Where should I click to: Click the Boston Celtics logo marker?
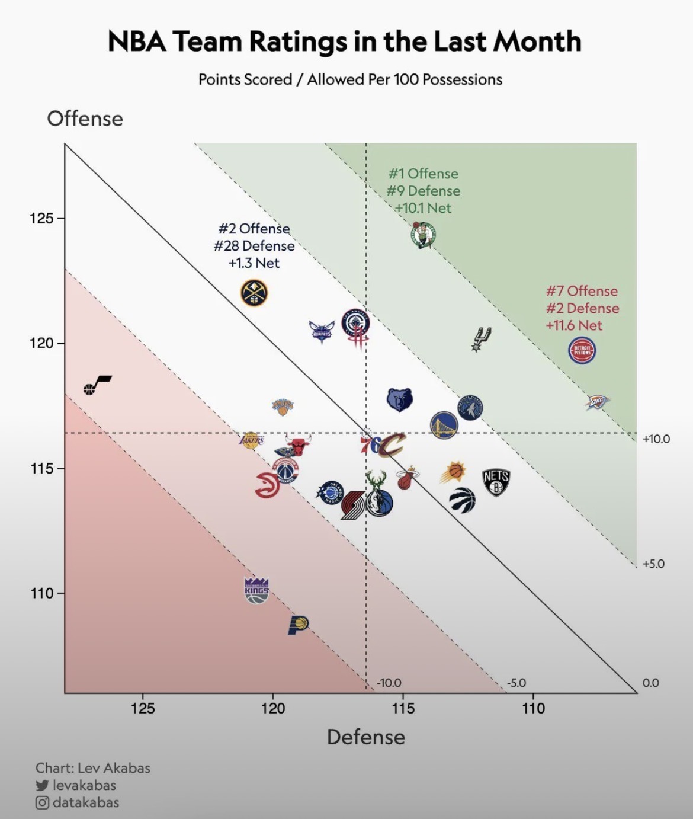pos(423,235)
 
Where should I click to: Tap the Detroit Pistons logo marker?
pos(582,350)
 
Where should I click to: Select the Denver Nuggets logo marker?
pos(254,293)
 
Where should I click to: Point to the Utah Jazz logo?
pos(97,385)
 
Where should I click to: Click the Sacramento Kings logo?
pos(256,590)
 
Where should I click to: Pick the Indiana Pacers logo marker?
pos(298,625)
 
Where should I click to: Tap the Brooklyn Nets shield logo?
pos(496,482)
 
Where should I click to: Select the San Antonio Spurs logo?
pos(480,339)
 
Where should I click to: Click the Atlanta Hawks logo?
pos(267,485)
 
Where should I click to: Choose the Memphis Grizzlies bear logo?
pos(400,400)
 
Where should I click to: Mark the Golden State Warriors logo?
pos(444,425)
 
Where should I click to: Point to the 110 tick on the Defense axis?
pos(533,708)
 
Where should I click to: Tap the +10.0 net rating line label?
pos(656,439)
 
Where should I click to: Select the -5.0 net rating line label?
pos(516,683)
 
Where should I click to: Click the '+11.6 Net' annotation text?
pos(573,325)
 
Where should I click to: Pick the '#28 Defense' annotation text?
pos(254,246)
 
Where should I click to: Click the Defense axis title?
pos(366,737)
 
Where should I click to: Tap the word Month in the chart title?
pos(537,41)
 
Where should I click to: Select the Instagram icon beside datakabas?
pos(42,803)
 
